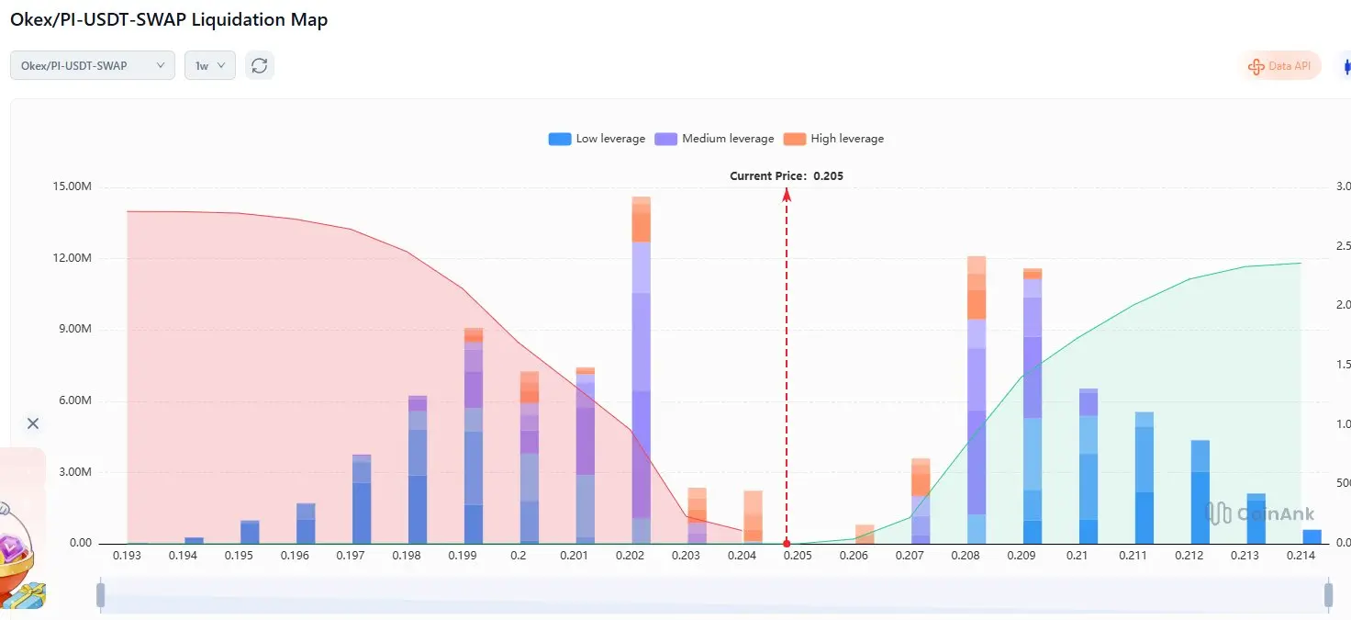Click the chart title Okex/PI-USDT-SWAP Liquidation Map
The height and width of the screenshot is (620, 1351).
[169, 19]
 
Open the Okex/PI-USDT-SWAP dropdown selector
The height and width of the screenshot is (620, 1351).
[92, 65]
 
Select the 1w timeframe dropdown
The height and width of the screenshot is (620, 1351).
[210, 65]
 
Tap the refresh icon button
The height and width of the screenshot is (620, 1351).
[260, 65]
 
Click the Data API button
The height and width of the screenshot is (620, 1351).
[1280, 66]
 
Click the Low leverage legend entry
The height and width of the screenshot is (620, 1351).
[597, 139]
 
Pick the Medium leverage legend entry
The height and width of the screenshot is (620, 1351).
[714, 139]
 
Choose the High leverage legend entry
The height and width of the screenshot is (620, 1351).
[834, 139]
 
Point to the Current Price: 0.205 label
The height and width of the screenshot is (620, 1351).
[786, 175]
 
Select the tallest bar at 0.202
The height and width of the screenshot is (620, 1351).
[642, 367]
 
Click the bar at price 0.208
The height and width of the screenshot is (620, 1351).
[977, 404]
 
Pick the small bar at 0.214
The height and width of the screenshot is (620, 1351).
[1312, 536]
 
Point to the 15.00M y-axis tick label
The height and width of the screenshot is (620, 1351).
[73, 187]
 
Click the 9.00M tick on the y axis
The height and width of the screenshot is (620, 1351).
[73, 330]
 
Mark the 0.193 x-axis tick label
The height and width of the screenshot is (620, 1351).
[127, 556]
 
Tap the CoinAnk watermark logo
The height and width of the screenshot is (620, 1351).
[1260, 514]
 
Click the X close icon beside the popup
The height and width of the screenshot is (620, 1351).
[33, 423]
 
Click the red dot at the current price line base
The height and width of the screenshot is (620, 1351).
[787, 544]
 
